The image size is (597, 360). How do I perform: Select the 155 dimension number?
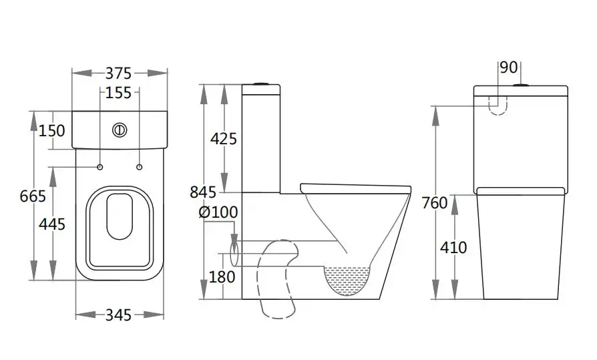(119, 93)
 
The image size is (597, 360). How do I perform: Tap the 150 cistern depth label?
(52, 130)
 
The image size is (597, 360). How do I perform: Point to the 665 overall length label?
(33, 196)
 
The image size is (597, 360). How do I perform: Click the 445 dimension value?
(52, 224)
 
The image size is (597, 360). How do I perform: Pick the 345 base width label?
(119, 315)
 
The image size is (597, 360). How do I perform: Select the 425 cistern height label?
(223, 139)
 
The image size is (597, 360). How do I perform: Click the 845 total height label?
(202, 192)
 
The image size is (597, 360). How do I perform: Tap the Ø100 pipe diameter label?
(218, 212)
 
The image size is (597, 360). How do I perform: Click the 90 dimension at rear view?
(509, 67)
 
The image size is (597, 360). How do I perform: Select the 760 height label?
(435, 203)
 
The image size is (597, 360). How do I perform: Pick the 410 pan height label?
(454, 248)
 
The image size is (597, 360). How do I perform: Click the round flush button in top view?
(120, 130)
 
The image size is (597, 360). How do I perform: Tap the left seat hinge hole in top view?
(100, 166)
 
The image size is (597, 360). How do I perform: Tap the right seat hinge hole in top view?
(140, 166)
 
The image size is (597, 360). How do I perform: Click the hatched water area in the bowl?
(346, 278)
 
